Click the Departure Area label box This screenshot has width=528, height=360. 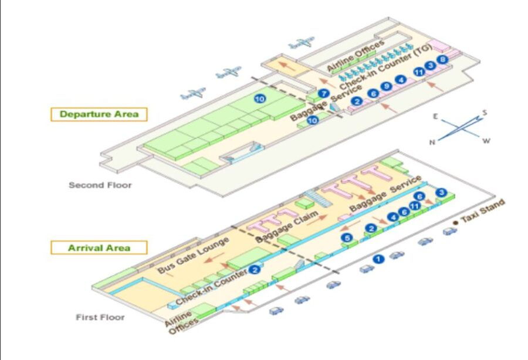tap(99, 114)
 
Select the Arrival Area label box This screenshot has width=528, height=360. tap(99, 247)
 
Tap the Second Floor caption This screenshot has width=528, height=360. tap(100, 185)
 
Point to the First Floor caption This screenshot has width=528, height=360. tap(100, 317)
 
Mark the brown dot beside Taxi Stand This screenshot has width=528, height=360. tap(455, 223)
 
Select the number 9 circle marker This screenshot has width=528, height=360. tap(386, 87)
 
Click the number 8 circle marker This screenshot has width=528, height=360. tap(443, 59)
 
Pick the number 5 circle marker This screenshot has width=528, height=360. tap(347, 238)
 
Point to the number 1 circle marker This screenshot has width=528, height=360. tap(379, 258)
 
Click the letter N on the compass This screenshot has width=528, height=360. tap(432, 142)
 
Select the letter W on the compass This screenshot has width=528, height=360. tap(486, 141)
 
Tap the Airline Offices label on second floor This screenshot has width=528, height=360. tap(356, 57)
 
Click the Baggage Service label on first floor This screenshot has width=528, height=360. tap(385, 193)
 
